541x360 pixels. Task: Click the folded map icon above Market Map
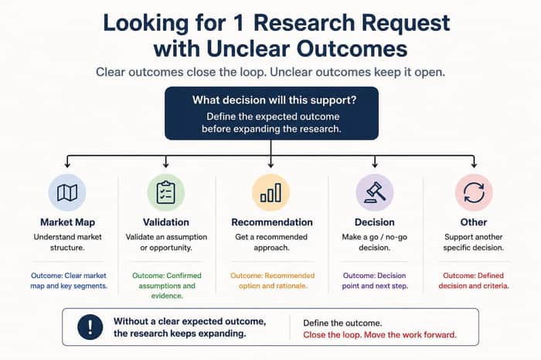pos(67,193)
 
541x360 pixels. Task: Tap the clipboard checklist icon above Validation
pos(166,192)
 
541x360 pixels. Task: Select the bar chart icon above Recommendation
pos(270,192)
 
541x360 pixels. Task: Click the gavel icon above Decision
pos(375,192)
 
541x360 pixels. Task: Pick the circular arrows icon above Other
pos(474,192)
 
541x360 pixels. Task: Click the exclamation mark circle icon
pos(90,327)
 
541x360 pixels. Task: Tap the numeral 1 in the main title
pos(239,23)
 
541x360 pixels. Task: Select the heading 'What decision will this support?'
pos(274,100)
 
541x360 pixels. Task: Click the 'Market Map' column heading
pos(68,222)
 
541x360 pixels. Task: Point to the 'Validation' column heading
pos(166,222)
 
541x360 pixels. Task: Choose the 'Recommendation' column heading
pos(272,222)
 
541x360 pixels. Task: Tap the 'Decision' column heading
pos(374,222)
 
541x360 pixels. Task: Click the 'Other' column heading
pos(473,222)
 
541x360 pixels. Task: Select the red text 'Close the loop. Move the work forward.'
pos(379,335)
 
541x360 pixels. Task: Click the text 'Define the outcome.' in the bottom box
pos(342,323)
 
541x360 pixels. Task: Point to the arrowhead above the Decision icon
pos(375,165)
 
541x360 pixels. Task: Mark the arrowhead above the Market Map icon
pos(67,165)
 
